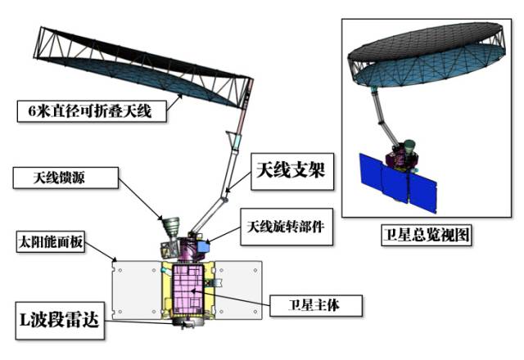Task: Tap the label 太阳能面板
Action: coord(53,242)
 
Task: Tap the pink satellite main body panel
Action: coord(187,290)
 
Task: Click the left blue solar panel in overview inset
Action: coord(378,177)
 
